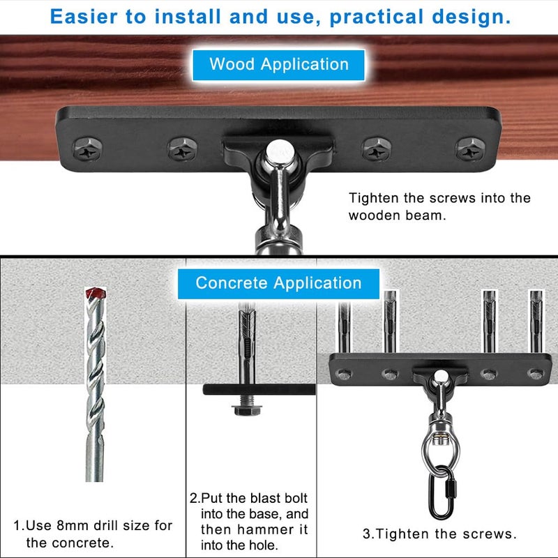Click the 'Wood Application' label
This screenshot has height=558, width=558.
tap(278, 65)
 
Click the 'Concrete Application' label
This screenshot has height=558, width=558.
tap(278, 283)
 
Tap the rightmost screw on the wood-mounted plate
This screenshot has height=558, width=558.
tap(467, 149)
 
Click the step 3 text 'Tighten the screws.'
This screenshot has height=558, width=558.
tap(439, 534)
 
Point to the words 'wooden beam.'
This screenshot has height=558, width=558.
tap(395, 216)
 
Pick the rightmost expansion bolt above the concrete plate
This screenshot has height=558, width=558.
tap(535, 321)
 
